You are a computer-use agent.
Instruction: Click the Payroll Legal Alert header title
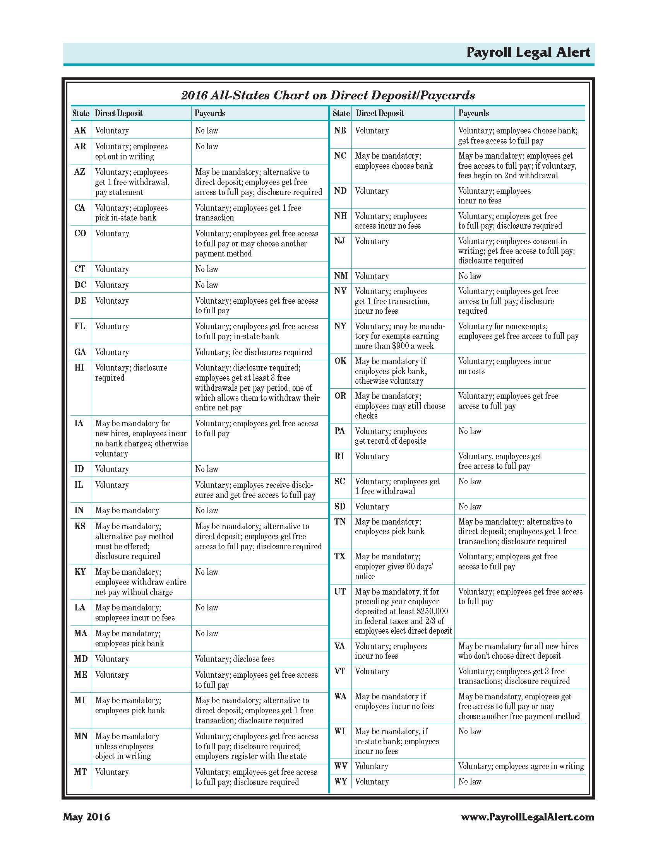click(x=528, y=53)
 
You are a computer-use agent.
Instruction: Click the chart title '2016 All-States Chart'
click(x=328, y=96)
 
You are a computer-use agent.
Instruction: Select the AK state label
click(x=80, y=130)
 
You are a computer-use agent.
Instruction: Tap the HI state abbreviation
click(x=79, y=367)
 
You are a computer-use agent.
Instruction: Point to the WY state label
click(x=340, y=781)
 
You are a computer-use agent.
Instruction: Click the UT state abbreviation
click(x=340, y=591)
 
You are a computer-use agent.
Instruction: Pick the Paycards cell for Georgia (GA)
click(x=254, y=352)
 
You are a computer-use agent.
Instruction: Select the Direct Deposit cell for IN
click(x=127, y=511)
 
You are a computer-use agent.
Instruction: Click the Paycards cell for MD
click(x=235, y=659)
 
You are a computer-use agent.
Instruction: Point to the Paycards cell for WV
click(x=521, y=766)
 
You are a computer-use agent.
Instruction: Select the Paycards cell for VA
click(x=517, y=651)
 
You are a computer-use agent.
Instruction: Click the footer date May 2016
click(x=87, y=817)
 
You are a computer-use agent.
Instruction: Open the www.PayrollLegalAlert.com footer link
click(x=527, y=817)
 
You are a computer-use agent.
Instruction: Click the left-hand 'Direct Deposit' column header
click(x=119, y=113)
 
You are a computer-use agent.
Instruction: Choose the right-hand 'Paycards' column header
click(x=473, y=113)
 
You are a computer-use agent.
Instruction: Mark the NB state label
click(x=340, y=130)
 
